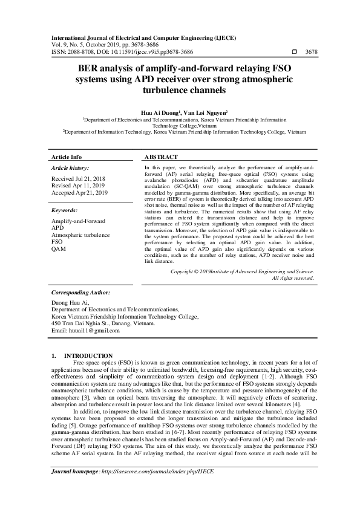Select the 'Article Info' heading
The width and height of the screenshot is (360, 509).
[x=67, y=157]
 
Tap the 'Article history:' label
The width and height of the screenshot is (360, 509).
[x=70, y=167]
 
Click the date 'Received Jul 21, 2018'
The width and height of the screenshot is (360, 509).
[x=79, y=179]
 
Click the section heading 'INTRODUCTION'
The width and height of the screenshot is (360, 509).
[x=88, y=355]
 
